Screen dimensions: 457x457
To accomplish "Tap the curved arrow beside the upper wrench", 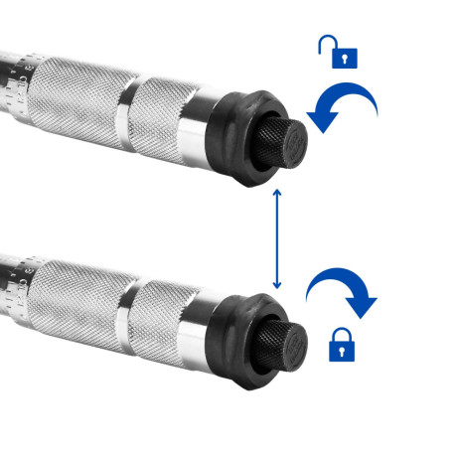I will [343, 107].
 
